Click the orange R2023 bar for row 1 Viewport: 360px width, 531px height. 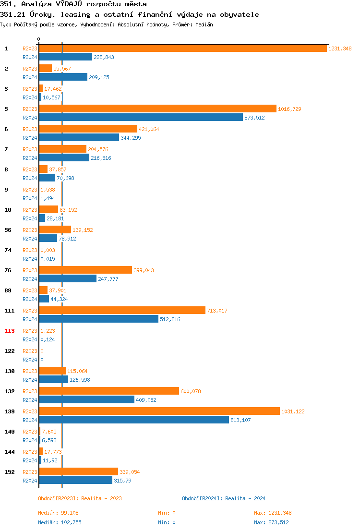183,48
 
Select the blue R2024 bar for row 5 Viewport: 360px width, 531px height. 141,117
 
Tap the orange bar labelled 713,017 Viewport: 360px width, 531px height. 122,310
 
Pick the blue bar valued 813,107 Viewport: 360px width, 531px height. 134,420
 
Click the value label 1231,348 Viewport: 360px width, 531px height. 340,48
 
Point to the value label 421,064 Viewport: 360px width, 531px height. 149,129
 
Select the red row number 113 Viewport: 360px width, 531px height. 10,331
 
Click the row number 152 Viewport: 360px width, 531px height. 10,472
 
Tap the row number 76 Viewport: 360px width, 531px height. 8,270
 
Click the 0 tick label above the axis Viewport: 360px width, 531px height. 39,39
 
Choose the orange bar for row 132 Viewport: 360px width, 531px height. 109,391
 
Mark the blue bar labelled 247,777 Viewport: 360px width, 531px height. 68,278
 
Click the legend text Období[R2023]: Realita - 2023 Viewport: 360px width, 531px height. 80,498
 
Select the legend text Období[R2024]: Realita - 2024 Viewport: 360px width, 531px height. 224,498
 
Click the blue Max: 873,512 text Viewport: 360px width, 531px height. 271,522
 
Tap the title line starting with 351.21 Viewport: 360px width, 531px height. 130,14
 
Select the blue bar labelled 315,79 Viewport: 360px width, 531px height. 75,480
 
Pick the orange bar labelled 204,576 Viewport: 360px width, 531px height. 62,149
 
